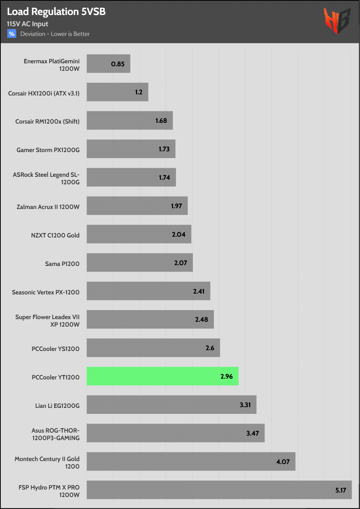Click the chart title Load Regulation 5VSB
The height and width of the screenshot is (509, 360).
pyautogui.click(x=56, y=12)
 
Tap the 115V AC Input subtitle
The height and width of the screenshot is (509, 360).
pyautogui.click(x=27, y=24)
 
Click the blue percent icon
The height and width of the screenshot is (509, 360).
pyautogui.click(x=12, y=34)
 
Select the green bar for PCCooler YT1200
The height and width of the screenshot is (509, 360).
pyautogui.click(x=163, y=376)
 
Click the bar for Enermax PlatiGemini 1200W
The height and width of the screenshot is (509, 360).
pyautogui.click(x=108, y=64)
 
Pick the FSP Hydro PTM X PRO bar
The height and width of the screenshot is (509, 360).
pyautogui.click(x=219, y=490)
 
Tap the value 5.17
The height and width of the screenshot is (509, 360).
pyautogui.click(x=341, y=490)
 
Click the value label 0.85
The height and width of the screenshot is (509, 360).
pyautogui.click(x=118, y=64)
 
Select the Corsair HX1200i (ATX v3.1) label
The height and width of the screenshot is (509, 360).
pyautogui.click(x=44, y=93)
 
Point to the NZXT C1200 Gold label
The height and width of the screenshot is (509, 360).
pyautogui.click(x=55, y=235)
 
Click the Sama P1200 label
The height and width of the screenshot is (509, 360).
pyautogui.click(x=62, y=264)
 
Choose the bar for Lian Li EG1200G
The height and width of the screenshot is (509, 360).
pyautogui.click(x=172, y=405)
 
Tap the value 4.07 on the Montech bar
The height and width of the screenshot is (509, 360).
pyautogui.click(x=283, y=462)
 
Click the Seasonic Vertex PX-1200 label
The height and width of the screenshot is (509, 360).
pyautogui.click(x=46, y=292)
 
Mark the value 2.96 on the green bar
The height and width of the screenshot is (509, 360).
pyautogui.click(x=226, y=376)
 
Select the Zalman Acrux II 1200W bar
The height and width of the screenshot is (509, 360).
pyautogui.click(x=137, y=206)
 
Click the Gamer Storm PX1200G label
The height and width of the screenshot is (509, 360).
pyautogui.click(x=48, y=150)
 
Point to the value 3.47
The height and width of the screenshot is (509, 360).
pyautogui.click(x=252, y=433)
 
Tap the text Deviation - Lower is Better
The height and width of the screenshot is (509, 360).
pyautogui.click(x=55, y=34)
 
